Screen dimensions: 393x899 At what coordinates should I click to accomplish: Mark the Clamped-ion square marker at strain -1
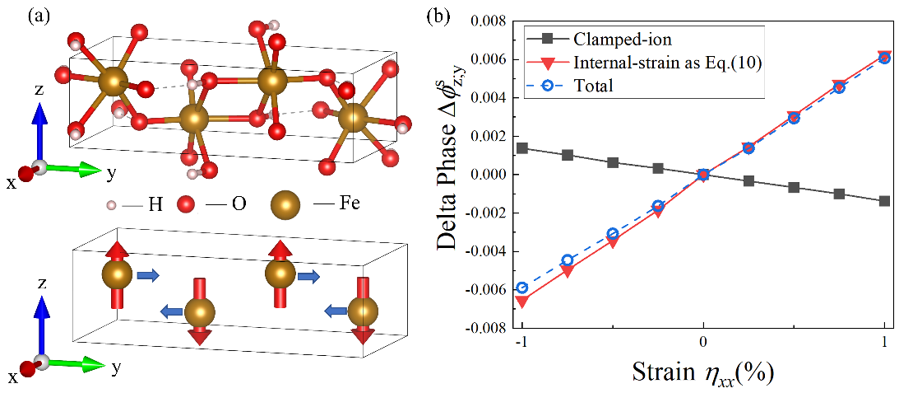(x=522, y=148)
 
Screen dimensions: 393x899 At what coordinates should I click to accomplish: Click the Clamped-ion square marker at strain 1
(x=884, y=201)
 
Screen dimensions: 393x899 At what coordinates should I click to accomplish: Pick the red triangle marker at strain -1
(x=522, y=302)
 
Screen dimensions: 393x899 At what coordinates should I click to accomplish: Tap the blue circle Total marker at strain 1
(x=884, y=58)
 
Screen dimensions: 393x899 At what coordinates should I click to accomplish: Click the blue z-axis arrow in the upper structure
(x=39, y=115)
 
